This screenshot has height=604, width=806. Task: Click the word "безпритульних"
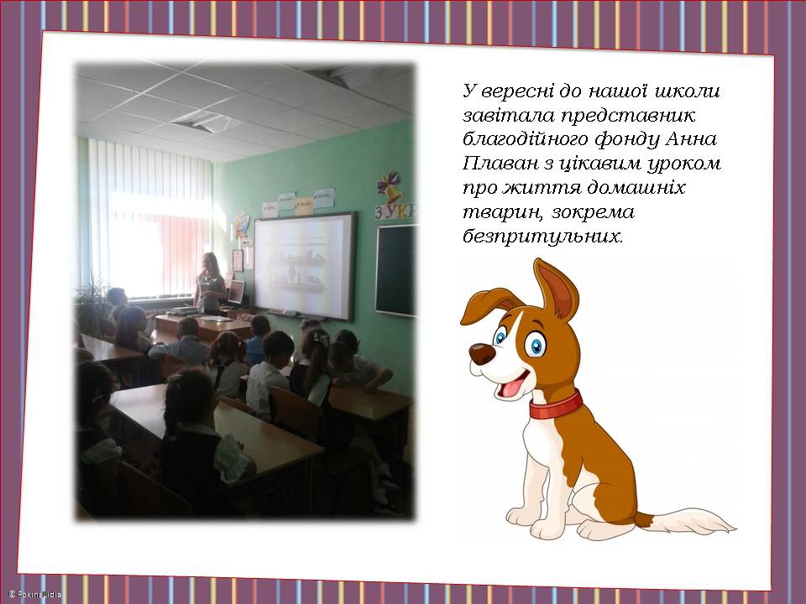(x=543, y=237)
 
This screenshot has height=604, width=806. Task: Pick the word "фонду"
(x=626, y=139)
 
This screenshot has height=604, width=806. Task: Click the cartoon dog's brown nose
(x=482, y=354)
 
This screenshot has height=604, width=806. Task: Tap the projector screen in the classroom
(x=304, y=266)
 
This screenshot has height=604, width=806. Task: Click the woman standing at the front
(x=210, y=284)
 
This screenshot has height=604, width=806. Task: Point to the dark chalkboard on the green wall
(x=395, y=270)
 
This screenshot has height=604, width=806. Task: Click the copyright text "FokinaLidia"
(x=35, y=594)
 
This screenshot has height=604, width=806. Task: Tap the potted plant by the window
(x=91, y=307)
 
